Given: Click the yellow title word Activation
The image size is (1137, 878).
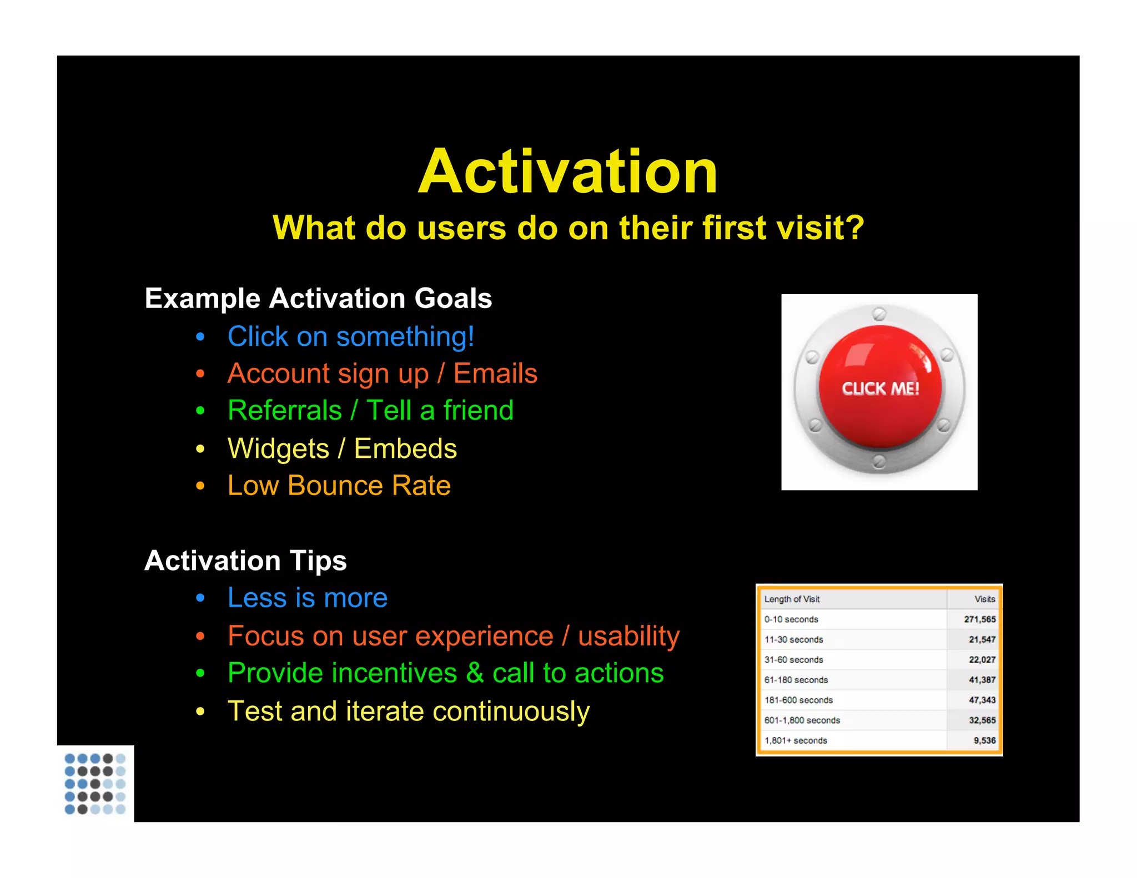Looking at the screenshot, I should click(568, 172).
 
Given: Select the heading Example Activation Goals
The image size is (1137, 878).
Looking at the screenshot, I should click(318, 299).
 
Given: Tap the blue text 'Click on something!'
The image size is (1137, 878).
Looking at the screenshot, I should click(351, 337).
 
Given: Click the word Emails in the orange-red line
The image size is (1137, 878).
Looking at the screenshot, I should click(495, 374).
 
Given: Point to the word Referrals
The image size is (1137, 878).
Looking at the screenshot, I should click(285, 411).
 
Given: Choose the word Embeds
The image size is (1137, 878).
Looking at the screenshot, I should click(405, 448).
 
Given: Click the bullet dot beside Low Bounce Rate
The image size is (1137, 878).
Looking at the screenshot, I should click(200, 487).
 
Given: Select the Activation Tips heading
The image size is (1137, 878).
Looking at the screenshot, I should click(245, 561).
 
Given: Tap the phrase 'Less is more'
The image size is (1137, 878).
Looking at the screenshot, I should click(308, 598).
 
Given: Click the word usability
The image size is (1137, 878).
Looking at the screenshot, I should click(628, 636).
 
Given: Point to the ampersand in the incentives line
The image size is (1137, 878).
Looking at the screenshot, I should click(475, 674).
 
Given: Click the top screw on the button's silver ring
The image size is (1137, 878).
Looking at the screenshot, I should click(879, 314).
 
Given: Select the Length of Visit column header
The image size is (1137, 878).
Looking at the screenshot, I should click(792, 599).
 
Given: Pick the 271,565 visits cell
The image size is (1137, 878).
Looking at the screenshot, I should click(979, 619).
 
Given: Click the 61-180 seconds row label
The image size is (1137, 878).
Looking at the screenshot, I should click(796, 680).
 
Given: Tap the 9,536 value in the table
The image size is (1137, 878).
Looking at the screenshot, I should click(984, 740).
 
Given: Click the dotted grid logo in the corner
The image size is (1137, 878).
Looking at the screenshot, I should click(95, 784).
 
